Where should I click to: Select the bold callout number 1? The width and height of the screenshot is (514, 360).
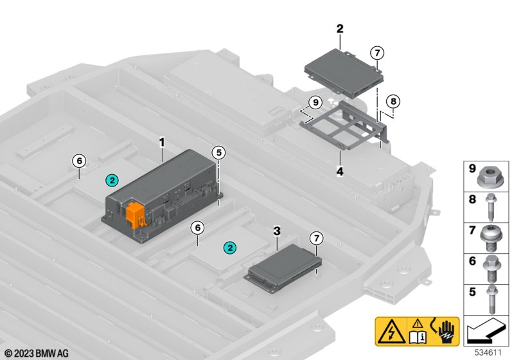(162, 143)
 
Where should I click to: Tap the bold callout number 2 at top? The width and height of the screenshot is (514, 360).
(340, 28)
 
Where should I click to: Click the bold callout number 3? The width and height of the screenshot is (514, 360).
(277, 231)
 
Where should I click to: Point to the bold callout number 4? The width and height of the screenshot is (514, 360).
(340, 171)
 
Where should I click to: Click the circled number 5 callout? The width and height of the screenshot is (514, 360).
(218, 152)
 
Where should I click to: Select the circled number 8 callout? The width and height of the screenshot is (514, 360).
(393, 102)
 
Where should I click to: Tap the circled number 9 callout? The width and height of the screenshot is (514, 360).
(315, 103)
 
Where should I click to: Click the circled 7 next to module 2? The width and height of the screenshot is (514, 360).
(377, 53)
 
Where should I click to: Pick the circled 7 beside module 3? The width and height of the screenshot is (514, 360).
(316, 238)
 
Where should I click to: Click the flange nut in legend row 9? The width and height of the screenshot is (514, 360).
(489, 177)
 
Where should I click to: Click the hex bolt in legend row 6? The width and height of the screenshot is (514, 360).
(492, 269)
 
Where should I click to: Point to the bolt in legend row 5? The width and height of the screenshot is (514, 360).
(492, 300)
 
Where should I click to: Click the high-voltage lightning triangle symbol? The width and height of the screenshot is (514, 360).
(391, 332)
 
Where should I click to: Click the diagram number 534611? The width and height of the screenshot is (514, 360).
(488, 353)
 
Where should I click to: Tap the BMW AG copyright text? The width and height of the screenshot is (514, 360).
(37, 354)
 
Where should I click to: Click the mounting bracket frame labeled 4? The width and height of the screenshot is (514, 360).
(344, 125)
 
